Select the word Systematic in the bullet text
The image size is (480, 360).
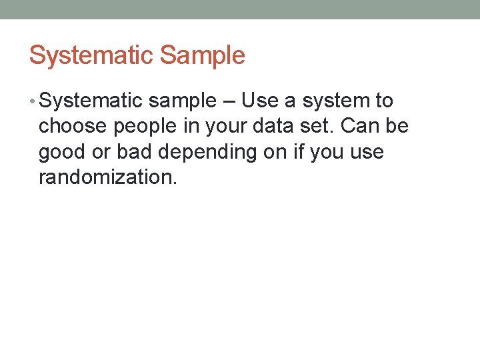[x=91, y=101]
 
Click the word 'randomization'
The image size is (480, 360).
[x=107, y=177]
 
